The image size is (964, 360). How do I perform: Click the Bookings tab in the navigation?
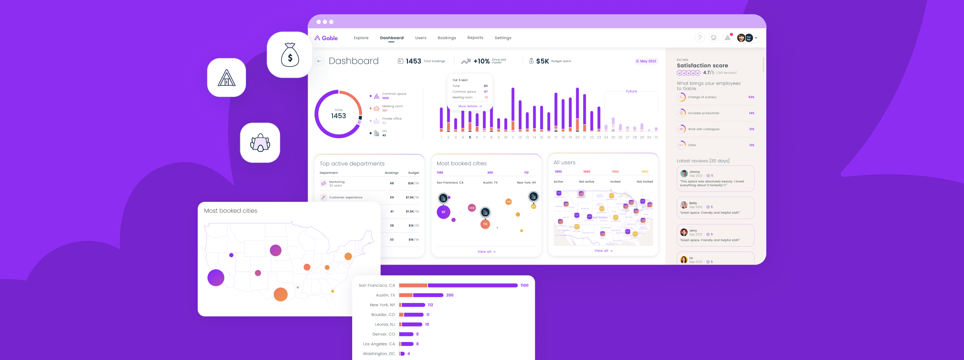447,38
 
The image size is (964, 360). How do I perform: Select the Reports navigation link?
475,38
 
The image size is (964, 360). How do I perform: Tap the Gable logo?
326,38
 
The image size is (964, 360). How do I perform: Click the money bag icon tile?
290,55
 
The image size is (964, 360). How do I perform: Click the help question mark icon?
700,38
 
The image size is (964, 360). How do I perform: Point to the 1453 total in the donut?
338,116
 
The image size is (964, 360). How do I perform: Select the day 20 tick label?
577,137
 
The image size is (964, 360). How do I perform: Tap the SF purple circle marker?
443,212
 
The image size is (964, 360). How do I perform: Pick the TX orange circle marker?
485,224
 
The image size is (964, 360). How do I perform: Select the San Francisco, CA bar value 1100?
524,285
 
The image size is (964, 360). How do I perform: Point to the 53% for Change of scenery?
751,97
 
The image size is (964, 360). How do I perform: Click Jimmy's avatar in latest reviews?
684,173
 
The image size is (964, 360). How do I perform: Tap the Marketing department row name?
337,182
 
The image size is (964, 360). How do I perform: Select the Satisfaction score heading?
702,65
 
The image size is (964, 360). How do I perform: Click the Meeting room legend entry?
392,106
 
